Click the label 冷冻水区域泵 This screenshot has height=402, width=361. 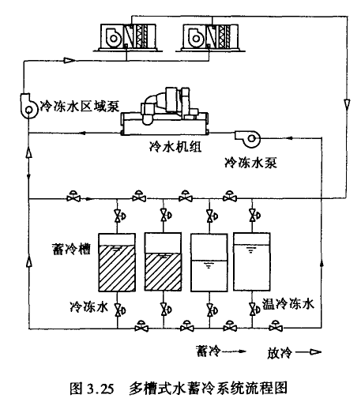(x=80, y=107)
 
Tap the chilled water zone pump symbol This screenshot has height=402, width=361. (x=28, y=106)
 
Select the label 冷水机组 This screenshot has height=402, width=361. (x=175, y=146)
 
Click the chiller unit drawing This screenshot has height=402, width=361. (x=164, y=111)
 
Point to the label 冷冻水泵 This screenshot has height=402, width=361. (x=250, y=163)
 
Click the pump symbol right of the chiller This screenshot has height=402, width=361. (x=247, y=138)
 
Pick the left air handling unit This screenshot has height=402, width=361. (x=128, y=37)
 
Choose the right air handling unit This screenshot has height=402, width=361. (x=210, y=37)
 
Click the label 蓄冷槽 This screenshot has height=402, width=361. (x=71, y=249)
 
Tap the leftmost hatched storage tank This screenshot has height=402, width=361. (x=117, y=262)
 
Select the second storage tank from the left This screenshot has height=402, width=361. (x=163, y=261)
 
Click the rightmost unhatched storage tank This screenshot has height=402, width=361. (x=252, y=261)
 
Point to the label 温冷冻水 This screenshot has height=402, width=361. (x=288, y=304)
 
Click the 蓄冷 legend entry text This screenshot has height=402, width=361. (x=208, y=351)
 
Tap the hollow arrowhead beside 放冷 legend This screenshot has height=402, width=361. (x=315, y=351)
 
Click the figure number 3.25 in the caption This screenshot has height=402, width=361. (x=100, y=389)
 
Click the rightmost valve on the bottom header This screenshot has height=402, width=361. (x=276, y=326)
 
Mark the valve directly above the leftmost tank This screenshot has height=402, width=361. (x=118, y=216)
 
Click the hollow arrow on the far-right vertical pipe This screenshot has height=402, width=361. (x=348, y=104)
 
